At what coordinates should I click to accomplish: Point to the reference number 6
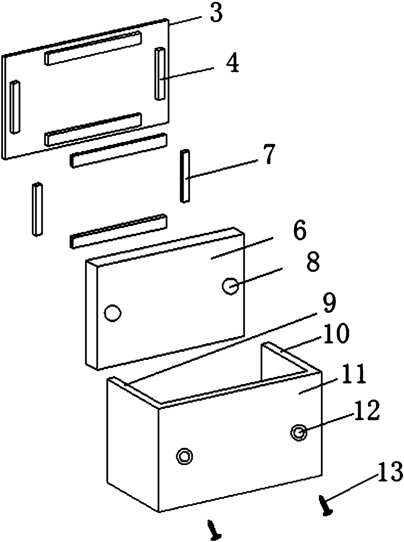tap(299, 231)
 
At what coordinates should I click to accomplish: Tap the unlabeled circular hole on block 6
tap(113, 313)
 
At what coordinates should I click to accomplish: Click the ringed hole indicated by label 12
tap(299, 432)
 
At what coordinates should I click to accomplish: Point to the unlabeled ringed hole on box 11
tap(184, 456)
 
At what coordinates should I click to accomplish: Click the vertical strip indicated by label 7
tap(185, 176)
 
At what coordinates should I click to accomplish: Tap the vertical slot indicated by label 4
tap(160, 74)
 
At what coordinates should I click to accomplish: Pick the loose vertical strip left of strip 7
tap(37, 209)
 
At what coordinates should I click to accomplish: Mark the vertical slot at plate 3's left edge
tap(15, 107)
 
